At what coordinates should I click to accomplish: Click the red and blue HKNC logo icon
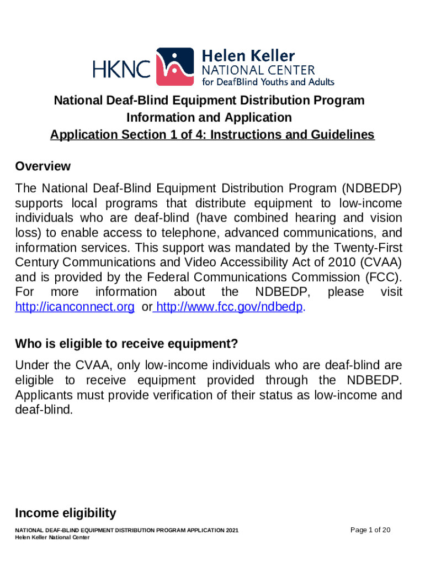[176, 67]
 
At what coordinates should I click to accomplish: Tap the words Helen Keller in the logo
[249, 56]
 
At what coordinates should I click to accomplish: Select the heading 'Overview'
[43, 166]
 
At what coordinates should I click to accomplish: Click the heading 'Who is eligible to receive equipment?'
[126, 344]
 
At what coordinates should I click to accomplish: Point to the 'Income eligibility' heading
[66, 513]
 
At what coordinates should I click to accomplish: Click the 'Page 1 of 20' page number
[371, 530]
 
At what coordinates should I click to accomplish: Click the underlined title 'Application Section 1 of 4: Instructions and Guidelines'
[212, 135]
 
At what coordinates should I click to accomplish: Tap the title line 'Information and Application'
[209, 118]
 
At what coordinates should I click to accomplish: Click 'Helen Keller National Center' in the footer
[49, 538]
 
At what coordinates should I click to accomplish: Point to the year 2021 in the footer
[232, 531]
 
